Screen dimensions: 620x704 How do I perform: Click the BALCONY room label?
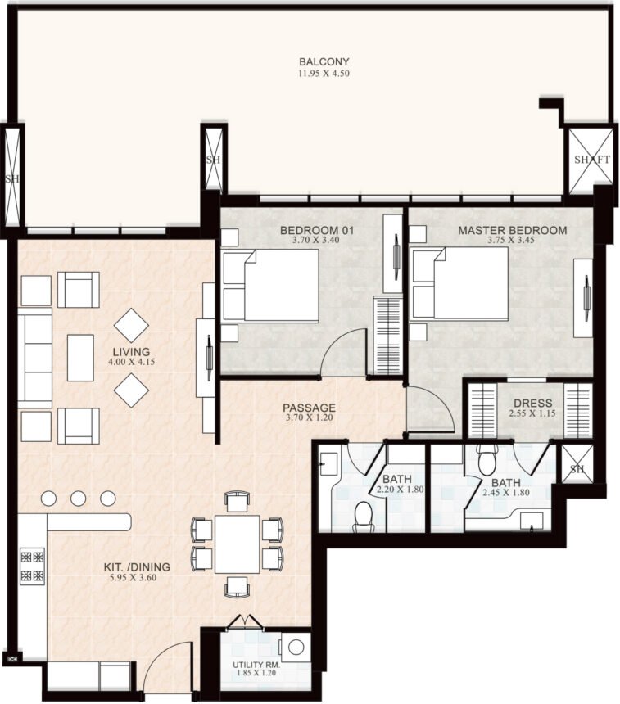tap(324, 61)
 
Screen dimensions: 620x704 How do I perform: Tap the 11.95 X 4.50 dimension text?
tap(324, 73)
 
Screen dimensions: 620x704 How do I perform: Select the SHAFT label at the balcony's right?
tap(592, 160)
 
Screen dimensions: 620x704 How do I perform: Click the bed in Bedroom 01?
tap(270, 285)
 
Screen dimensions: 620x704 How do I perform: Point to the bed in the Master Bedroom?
tap(460, 283)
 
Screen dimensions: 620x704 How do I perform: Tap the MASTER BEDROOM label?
tap(512, 230)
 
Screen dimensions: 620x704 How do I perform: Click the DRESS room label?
tap(532, 403)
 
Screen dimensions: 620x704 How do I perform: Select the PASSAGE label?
tap(309, 408)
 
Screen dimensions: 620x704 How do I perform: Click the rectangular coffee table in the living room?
tap(80, 358)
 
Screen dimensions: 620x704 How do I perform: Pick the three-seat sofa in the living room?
tap(34, 358)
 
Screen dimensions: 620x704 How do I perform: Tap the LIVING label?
tap(131, 351)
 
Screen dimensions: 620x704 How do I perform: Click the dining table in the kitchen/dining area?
tap(237, 544)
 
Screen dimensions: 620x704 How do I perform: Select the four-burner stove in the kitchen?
tap(32, 566)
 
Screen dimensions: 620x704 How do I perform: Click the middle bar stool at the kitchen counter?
tap(78, 499)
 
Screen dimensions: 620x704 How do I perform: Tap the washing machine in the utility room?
tap(295, 648)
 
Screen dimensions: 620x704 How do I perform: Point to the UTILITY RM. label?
tap(256, 665)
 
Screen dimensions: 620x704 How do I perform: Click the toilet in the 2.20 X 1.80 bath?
tap(364, 516)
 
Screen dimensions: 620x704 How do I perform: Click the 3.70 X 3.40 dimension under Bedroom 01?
tap(316, 240)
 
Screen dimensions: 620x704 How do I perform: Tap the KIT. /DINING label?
tap(137, 566)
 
